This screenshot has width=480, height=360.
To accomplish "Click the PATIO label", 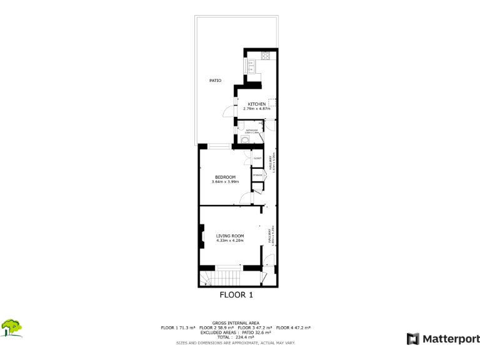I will click(215, 81).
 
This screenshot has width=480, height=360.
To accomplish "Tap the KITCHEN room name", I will click(257, 104).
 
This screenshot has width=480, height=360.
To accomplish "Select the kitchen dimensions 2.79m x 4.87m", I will click(256, 109).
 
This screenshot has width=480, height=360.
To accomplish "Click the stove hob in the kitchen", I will click(266, 56).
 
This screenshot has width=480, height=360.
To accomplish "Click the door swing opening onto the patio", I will click(229, 112).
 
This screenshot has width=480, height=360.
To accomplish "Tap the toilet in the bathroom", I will click(244, 141).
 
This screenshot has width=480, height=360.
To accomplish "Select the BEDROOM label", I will click(225, 177).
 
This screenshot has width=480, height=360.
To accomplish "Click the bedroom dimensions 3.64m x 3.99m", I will click(225, 182).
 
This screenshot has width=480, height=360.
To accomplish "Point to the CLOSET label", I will click(257, 159).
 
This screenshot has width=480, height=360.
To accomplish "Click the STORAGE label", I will click(257, 175).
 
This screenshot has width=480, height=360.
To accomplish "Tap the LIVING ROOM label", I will click(229, 236).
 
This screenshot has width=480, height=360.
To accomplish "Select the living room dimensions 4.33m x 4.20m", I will click(229, 241).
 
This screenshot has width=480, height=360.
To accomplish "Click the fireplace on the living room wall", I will click(201, 236).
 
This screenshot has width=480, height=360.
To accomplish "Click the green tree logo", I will click(12, 327).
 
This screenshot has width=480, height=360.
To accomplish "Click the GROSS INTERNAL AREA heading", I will click(236, 323).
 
